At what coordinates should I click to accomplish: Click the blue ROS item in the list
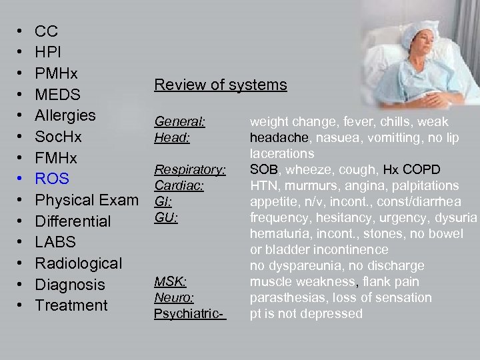[x=52, y=179]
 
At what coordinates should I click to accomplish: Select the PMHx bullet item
[x=56, y=73]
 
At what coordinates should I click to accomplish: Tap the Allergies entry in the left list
[x=65, y=115]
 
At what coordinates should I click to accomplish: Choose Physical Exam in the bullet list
[x=87, y=200]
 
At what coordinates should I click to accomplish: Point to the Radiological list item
[x=78, y=263]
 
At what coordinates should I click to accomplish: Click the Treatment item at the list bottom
[x=71, y=305]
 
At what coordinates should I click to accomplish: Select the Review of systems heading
[x=221, y=85]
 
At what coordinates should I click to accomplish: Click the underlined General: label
[x=179, y=122]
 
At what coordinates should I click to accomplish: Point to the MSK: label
[x=171, y=282]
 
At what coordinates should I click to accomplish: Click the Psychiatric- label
[x=190, y=313]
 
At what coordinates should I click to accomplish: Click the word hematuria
[x=278, y=233]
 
